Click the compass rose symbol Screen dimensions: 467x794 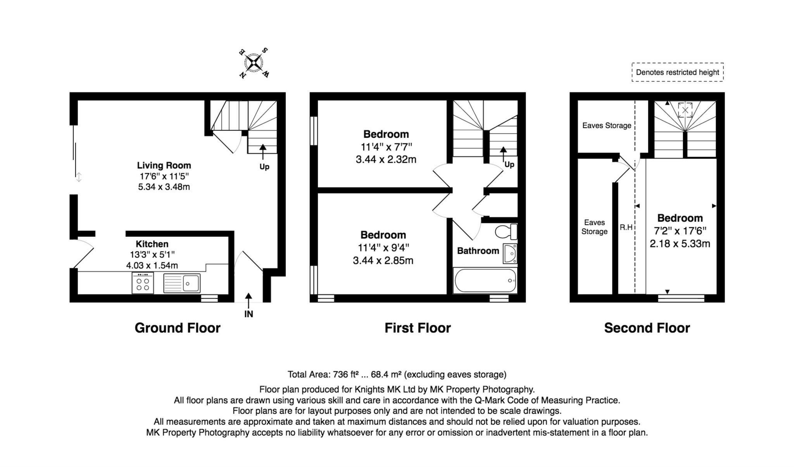(x=254, y=62)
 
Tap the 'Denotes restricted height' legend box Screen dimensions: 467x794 (x=677, y=72)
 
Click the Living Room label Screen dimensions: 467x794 (x=164, y=165)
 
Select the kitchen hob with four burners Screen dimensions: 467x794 (x=143, y=283)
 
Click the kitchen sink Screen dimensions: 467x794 (x=182, y=283)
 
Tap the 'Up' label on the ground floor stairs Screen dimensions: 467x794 (x=264, y=167)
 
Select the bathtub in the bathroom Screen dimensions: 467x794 (x=485, y=281)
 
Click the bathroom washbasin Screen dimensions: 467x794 (x=510, y=254)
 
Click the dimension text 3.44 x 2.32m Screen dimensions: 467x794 (x=386, y=160)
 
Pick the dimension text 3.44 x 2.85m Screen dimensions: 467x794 (x=383, y=260)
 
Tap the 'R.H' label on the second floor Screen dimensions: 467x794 (x=626, y=227)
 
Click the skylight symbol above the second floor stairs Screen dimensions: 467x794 (x=685, y=110)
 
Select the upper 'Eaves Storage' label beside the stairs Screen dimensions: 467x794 (x=606, y=125)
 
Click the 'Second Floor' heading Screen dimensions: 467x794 (x=647, y=328)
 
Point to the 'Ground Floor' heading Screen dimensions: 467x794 (x=177, y=328)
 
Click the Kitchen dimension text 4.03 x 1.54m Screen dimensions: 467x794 (x=152, y=266)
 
